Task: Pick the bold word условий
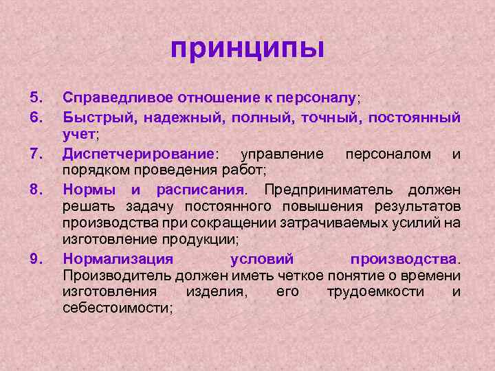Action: (x=261, y=259)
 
